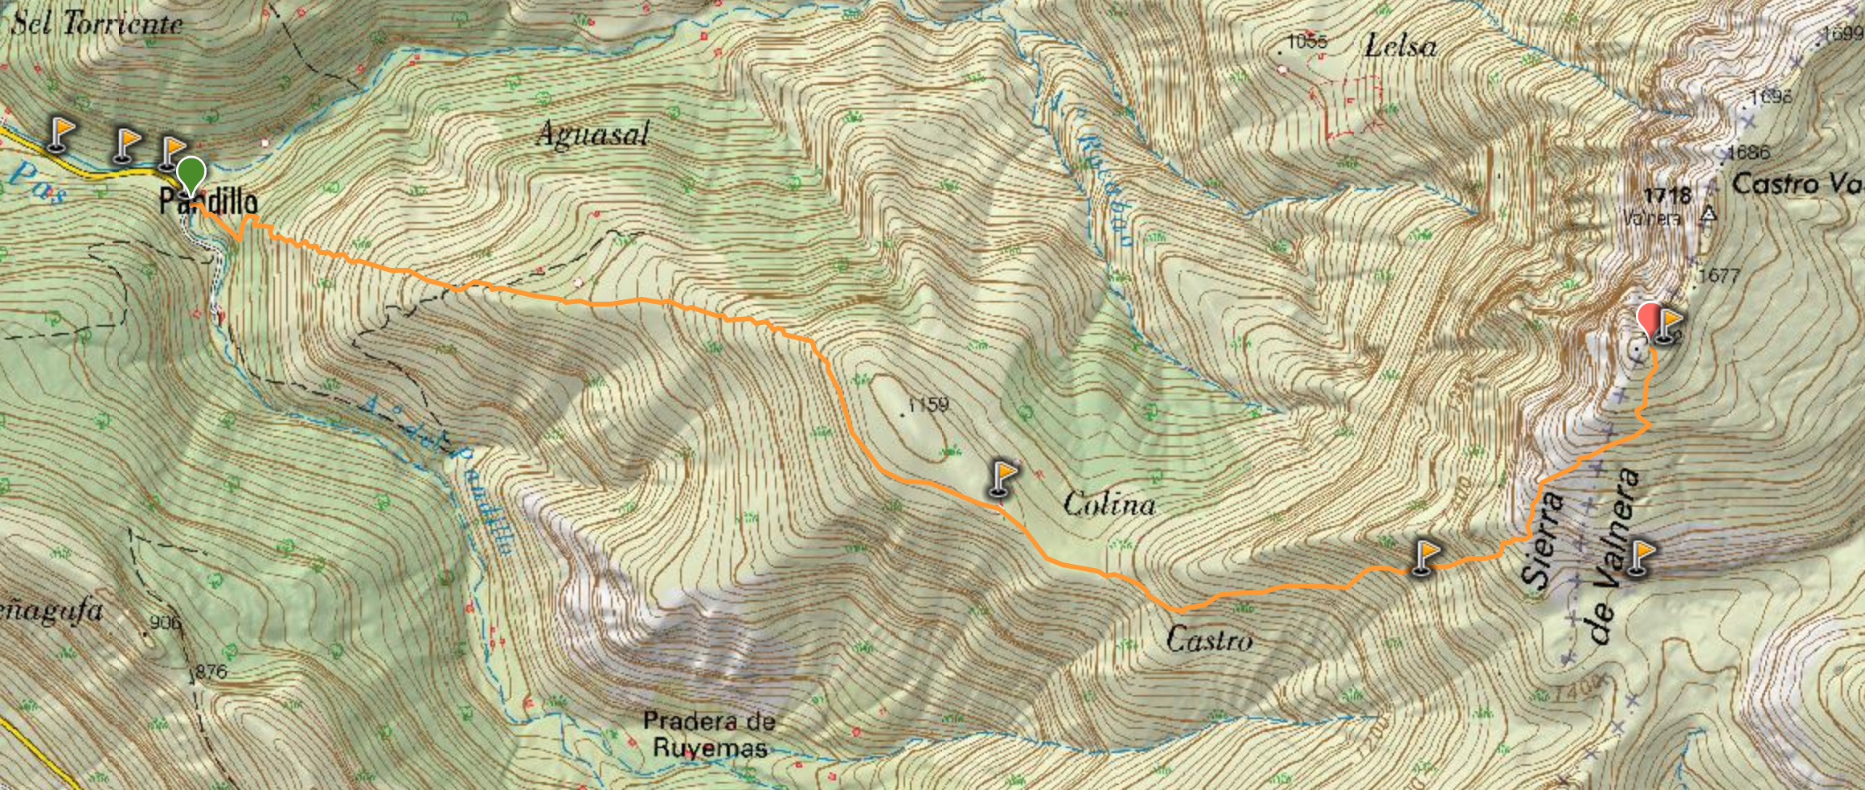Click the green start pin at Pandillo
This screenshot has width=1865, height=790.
191,175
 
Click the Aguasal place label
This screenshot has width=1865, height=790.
592,134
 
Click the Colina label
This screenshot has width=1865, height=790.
1109,504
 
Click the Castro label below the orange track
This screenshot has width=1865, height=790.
1209,640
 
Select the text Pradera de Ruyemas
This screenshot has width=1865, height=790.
709,734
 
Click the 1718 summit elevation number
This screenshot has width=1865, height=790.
1667,196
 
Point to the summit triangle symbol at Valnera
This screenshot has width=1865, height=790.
1709,215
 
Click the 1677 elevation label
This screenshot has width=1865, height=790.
1719,276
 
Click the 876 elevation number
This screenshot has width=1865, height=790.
211,671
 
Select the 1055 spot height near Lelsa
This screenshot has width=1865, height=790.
1307,41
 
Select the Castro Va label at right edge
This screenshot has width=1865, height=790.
1796,183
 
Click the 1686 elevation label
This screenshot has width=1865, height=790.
1748,151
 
